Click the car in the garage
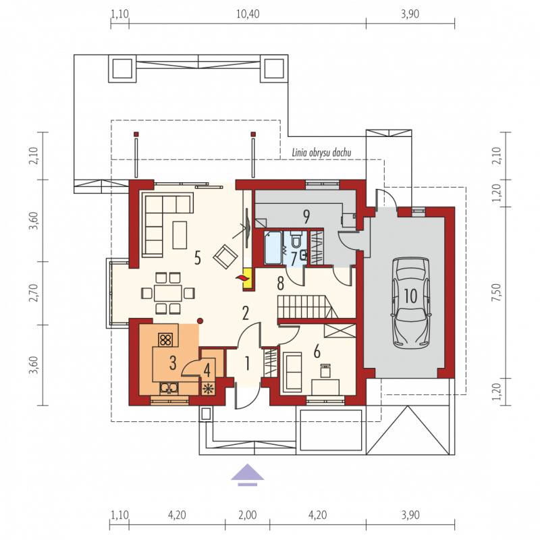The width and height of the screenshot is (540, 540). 410,303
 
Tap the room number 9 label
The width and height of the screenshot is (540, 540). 306,216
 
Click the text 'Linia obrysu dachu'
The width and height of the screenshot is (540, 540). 321,153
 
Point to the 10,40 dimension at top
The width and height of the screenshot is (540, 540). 248,13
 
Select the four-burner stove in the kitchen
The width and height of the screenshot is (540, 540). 165,340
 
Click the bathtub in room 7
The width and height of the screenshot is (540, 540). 273,248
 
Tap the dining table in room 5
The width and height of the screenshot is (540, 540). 167,294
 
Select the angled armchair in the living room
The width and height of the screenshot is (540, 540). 225,256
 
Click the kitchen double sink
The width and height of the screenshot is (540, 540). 169,389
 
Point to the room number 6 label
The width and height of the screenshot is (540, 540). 317,351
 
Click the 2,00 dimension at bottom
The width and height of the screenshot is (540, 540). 247,515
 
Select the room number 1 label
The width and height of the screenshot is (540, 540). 247,363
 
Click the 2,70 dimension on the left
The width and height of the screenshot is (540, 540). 33,292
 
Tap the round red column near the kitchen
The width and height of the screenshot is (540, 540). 200,321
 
